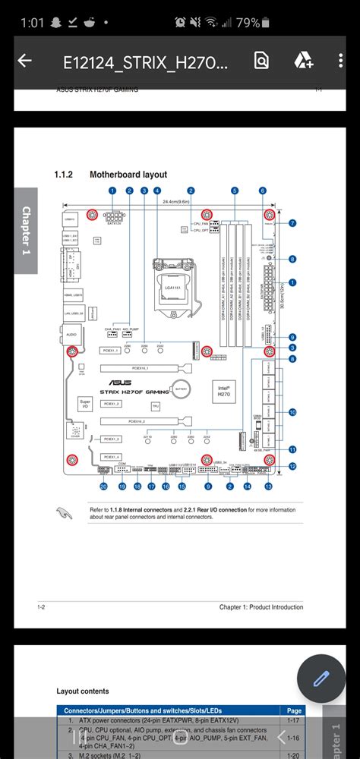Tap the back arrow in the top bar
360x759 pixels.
click(x=24, y=61)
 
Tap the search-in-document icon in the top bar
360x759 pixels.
click(x=261, y=61)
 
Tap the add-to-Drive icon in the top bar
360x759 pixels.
click(x=305, y=61)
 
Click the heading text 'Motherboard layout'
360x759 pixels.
click(x=128, y=175)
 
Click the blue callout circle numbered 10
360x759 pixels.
click(x=292, y=412)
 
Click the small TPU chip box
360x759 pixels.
click(x=155, y=407)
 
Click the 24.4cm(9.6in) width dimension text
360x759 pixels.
click(x=176, y=202)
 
